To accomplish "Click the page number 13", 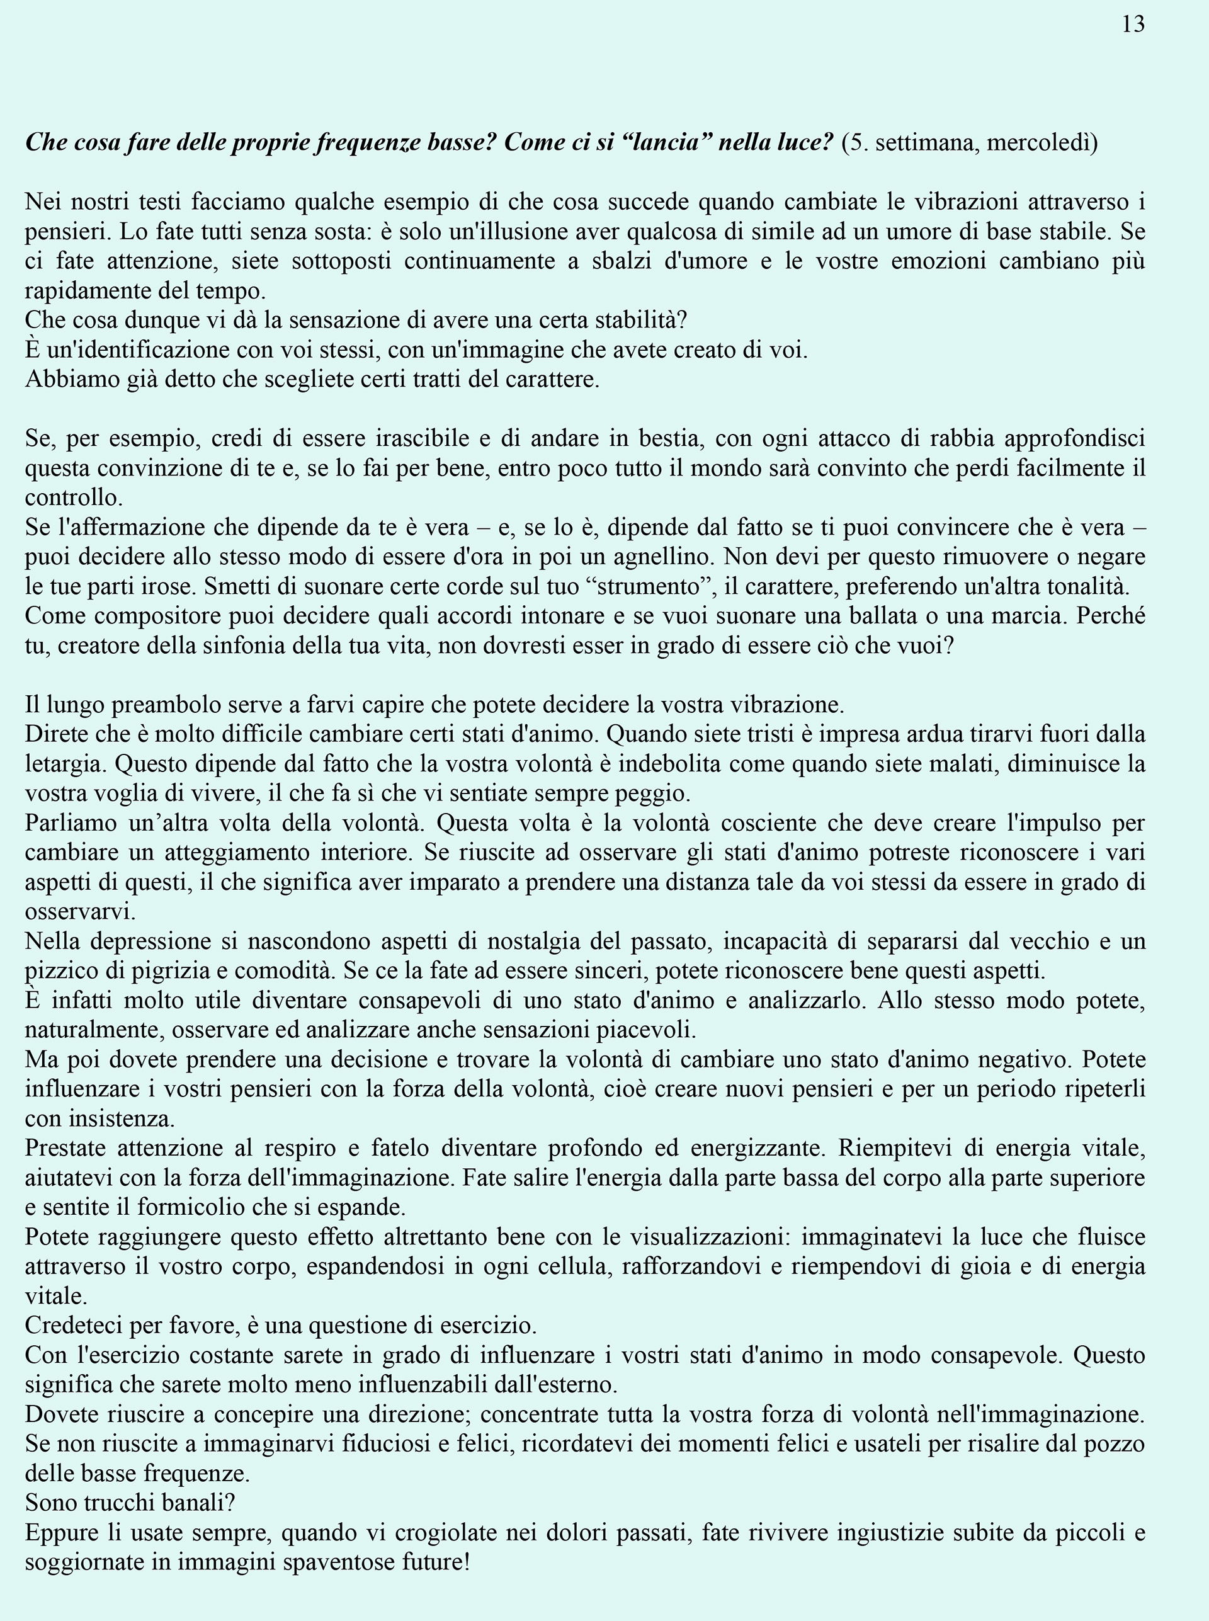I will click(1133, 25).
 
